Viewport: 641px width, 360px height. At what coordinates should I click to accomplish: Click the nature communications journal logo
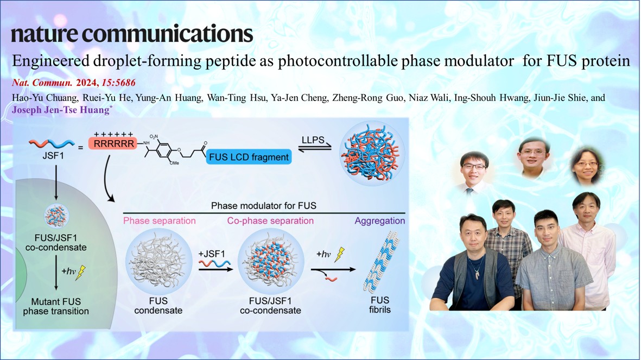132,34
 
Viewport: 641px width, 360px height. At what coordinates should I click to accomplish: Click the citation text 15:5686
118,83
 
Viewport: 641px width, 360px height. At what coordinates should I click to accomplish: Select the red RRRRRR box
113,143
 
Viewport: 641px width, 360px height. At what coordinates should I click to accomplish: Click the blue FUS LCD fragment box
249,157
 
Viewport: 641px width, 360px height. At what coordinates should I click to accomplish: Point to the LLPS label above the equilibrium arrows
313,140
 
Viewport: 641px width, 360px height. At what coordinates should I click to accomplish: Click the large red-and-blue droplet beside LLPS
372,153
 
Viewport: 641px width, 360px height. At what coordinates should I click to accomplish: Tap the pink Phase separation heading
160,221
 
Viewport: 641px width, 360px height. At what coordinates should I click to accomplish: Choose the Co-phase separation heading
271,221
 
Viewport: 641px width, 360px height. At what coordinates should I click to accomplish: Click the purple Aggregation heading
380,221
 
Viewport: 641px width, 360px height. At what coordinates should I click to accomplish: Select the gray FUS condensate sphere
158,262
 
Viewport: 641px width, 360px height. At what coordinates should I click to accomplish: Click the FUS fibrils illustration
380,262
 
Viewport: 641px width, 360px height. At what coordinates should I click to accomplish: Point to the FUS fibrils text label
380,305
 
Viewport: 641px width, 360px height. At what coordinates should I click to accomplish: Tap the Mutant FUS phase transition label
56,306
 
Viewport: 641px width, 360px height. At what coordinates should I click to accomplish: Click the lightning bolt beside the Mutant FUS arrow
81,272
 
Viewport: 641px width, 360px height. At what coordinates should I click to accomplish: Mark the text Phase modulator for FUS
264,206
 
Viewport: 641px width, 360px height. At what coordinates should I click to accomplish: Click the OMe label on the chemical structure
174,163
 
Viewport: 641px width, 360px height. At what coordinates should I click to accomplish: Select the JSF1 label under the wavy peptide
53,155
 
